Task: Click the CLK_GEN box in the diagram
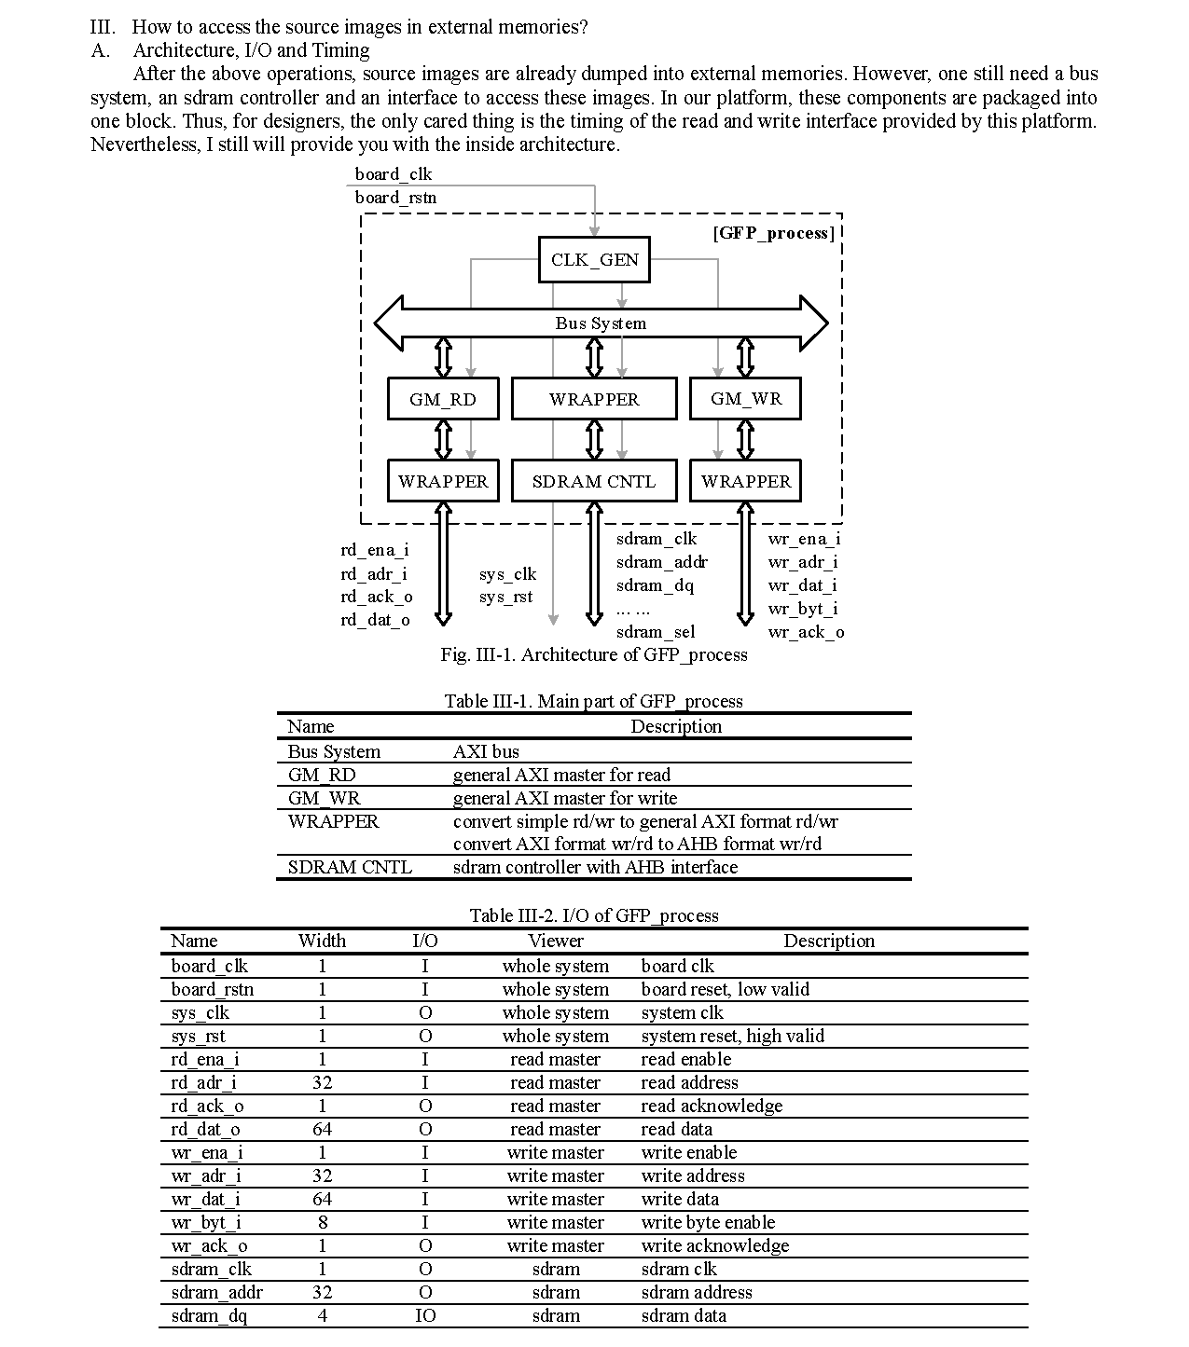[x=594, y=260]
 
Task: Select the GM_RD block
[x=443, y=399]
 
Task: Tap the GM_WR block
[x=745, y=399]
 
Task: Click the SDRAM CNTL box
[x=594, y=481]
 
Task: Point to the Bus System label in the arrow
[x=601, y=323]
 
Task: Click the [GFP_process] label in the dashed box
[x=773, y=233]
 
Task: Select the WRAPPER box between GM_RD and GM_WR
[x=594, y=399]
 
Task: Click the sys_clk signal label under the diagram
[x=507, y=574]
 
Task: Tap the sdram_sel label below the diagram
[x=655, y=632]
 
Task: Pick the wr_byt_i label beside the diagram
[x=802, y=609]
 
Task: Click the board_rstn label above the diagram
[x=395, y=198]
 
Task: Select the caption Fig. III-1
[x=594, y=654]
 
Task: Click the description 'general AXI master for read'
[x=561, y=775]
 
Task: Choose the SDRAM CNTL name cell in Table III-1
[x=349, y=867]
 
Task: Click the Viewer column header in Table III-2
[x=555, y=941]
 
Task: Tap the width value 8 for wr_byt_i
[x=323, y=1222]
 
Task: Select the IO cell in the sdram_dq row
[x=425, y=1315]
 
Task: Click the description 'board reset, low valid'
[x=725, y=989]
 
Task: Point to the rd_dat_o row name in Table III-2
[x=205, y=1129]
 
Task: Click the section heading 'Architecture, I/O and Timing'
[x=251, y=50]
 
